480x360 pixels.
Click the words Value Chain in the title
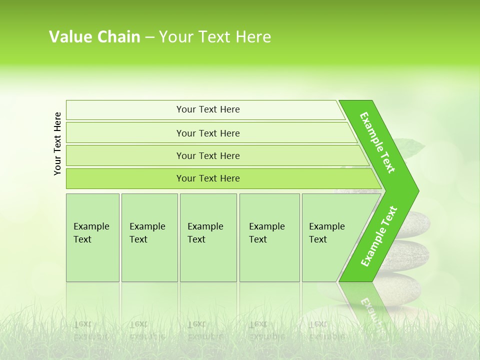click(94, 37)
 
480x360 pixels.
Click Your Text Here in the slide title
click(215, 37)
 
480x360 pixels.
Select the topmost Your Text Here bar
click(208, 109)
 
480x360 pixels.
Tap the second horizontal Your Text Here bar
click(208, 133)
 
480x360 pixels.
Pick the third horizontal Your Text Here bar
click(208, 155)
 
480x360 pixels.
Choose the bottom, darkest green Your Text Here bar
click(208, 178)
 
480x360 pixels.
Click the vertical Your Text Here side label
click(57, 143)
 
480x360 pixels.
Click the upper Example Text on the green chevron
click(377, 142)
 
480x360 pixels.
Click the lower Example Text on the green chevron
click(379, 236)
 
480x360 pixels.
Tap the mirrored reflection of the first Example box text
click(91, 330)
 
